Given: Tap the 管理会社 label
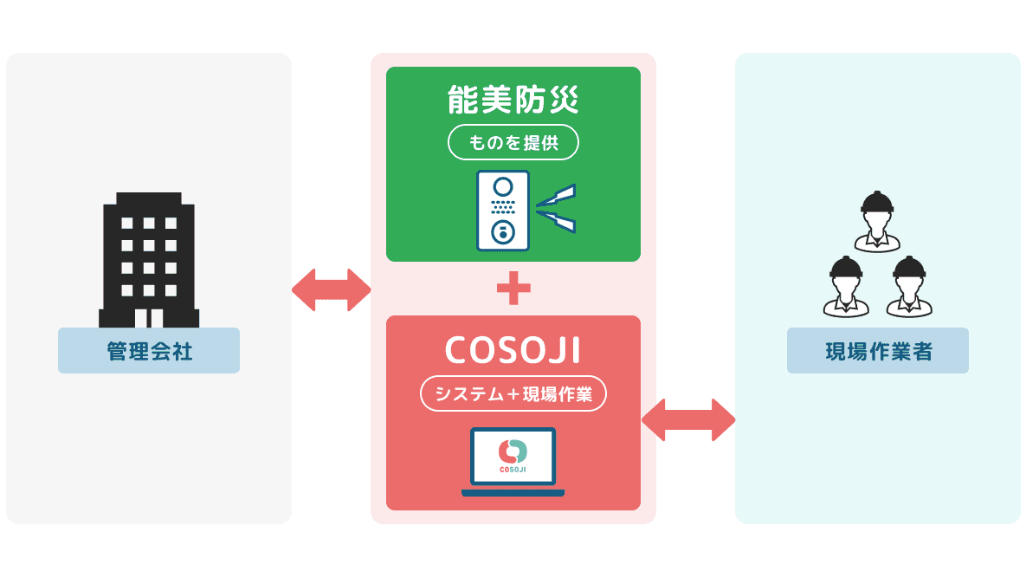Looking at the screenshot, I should tap(149, 351).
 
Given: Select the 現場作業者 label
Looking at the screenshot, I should tap(877, 351).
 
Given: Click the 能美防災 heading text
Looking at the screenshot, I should tap(513, 101).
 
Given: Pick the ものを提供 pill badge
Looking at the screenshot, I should tap(513, 143).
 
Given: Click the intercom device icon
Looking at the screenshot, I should tap(502, 211).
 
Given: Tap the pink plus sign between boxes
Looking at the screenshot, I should tap(513, 289).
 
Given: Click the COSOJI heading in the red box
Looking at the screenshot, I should tap(513, 350).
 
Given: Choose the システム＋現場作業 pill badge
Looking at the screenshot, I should tap(513, 394).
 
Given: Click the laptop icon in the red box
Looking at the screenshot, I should tap(513, 462).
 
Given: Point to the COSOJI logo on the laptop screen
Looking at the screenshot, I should tap(513, 456).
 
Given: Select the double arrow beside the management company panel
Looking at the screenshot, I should tap(331, 289).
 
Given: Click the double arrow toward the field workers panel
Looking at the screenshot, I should tap(688, 420).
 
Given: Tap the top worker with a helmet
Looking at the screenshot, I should tap(876, 221).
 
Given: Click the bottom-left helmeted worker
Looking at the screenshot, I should tap(846, 286).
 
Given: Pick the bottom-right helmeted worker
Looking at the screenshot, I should tap(908, 286).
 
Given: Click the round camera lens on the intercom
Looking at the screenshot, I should tap(502, 186).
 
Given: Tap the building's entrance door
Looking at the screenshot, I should tap(149, 317).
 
